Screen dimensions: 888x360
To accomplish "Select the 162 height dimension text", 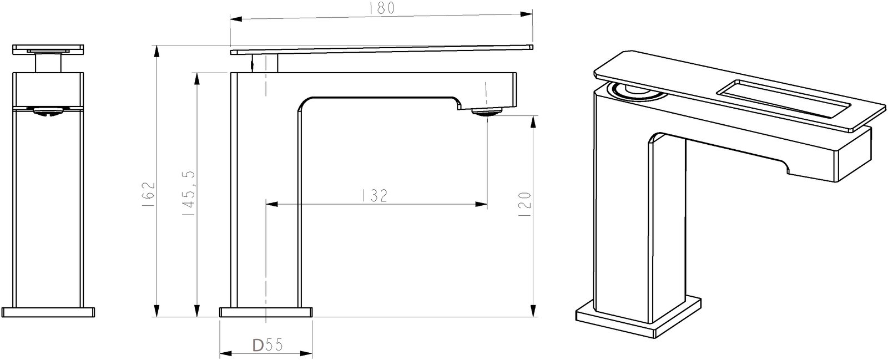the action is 148,195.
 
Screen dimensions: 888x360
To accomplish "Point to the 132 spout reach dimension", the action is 375,196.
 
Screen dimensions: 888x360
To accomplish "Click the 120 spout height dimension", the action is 524,204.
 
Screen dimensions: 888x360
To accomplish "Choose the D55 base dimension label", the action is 268,345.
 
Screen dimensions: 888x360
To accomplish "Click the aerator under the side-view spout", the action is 487,111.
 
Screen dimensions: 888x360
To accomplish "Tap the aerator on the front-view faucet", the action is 48,111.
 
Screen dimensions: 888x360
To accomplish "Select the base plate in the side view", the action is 266,312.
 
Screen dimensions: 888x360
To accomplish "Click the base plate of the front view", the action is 48,312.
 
